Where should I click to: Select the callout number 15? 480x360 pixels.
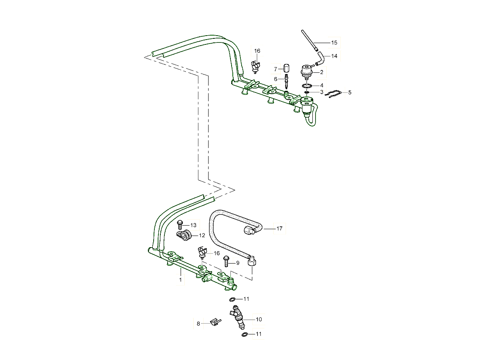tap(334, 42)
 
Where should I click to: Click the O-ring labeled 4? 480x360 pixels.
tap(307, 86)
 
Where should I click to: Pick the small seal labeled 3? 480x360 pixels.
tap(307, 92)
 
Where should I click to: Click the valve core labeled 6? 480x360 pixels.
tap(287, 81)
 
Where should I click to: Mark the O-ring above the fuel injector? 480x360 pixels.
tap(232, 299)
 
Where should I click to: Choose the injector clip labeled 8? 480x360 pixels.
tap(215, 322)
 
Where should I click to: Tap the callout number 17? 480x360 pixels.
tap(279, 229)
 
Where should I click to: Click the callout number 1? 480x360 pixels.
tap(180, 280)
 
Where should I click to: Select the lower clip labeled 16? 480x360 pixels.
tap(202, 253)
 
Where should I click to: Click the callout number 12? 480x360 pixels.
tap(202, 235)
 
